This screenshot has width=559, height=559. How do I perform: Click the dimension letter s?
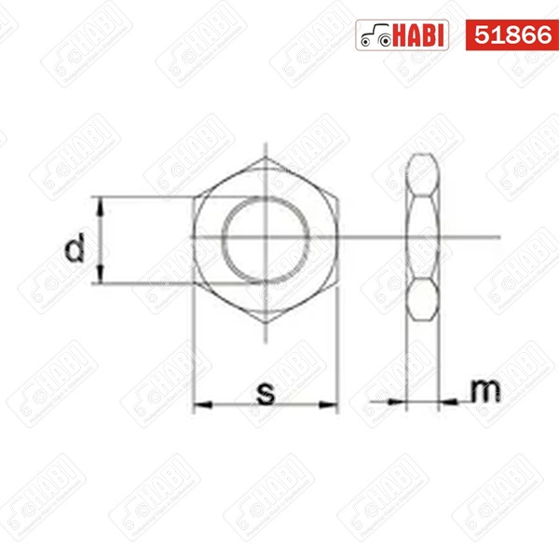(266, 393)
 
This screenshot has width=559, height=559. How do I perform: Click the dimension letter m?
(482, 391)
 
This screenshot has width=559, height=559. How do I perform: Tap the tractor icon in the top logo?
(374, 36)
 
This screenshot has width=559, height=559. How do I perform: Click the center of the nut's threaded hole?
(266, 237)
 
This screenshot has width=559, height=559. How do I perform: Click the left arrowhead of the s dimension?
(198, 404)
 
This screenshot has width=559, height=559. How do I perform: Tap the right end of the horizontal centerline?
(501, 237)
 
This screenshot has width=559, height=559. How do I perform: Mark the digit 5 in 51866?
(482, 35)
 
